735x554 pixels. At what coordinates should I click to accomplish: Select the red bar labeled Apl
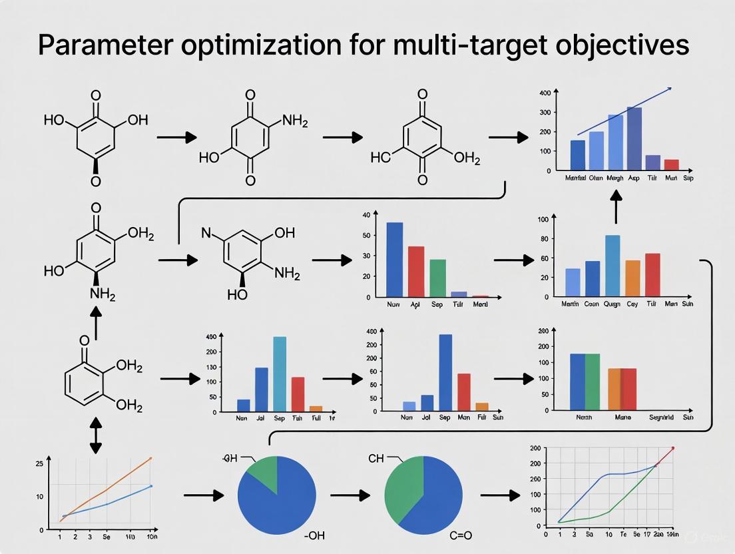pyautogui.click(x=416, y=271)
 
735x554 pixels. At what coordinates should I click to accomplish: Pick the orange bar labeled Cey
pyautogui.click(x=632, y=278)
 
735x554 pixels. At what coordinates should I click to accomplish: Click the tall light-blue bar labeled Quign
pyautogui.click(x=612, y=265)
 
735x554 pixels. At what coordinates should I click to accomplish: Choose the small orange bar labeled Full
pyautogui.click(x=316, y=408)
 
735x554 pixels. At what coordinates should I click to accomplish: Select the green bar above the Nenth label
pyautogui.click(x=592, y=382)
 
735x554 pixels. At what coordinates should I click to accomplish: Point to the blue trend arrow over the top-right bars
pyautogui.click(x=624, y=111)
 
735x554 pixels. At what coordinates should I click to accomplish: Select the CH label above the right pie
pyautogui.click(x=376, y=458)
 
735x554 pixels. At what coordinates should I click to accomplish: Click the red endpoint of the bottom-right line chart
pyautogui.click(x=673, y=448)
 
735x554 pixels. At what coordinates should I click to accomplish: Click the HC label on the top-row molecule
pyautogui.click(x=380, y=157)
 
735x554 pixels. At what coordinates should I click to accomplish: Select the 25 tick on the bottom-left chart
pyautogui.click(x=39, y=463)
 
